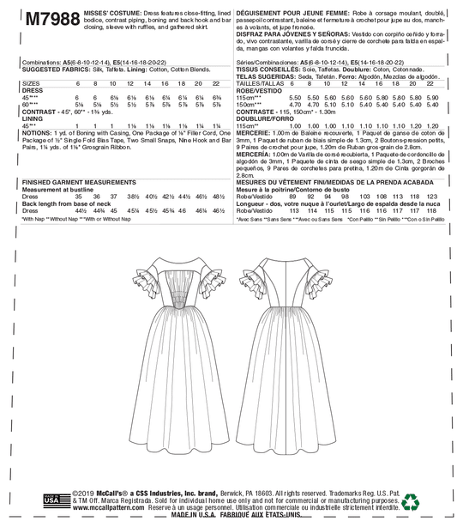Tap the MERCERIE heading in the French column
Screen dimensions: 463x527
[x=251, y=141]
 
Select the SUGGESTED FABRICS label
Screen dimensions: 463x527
[x=49, y=70]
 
